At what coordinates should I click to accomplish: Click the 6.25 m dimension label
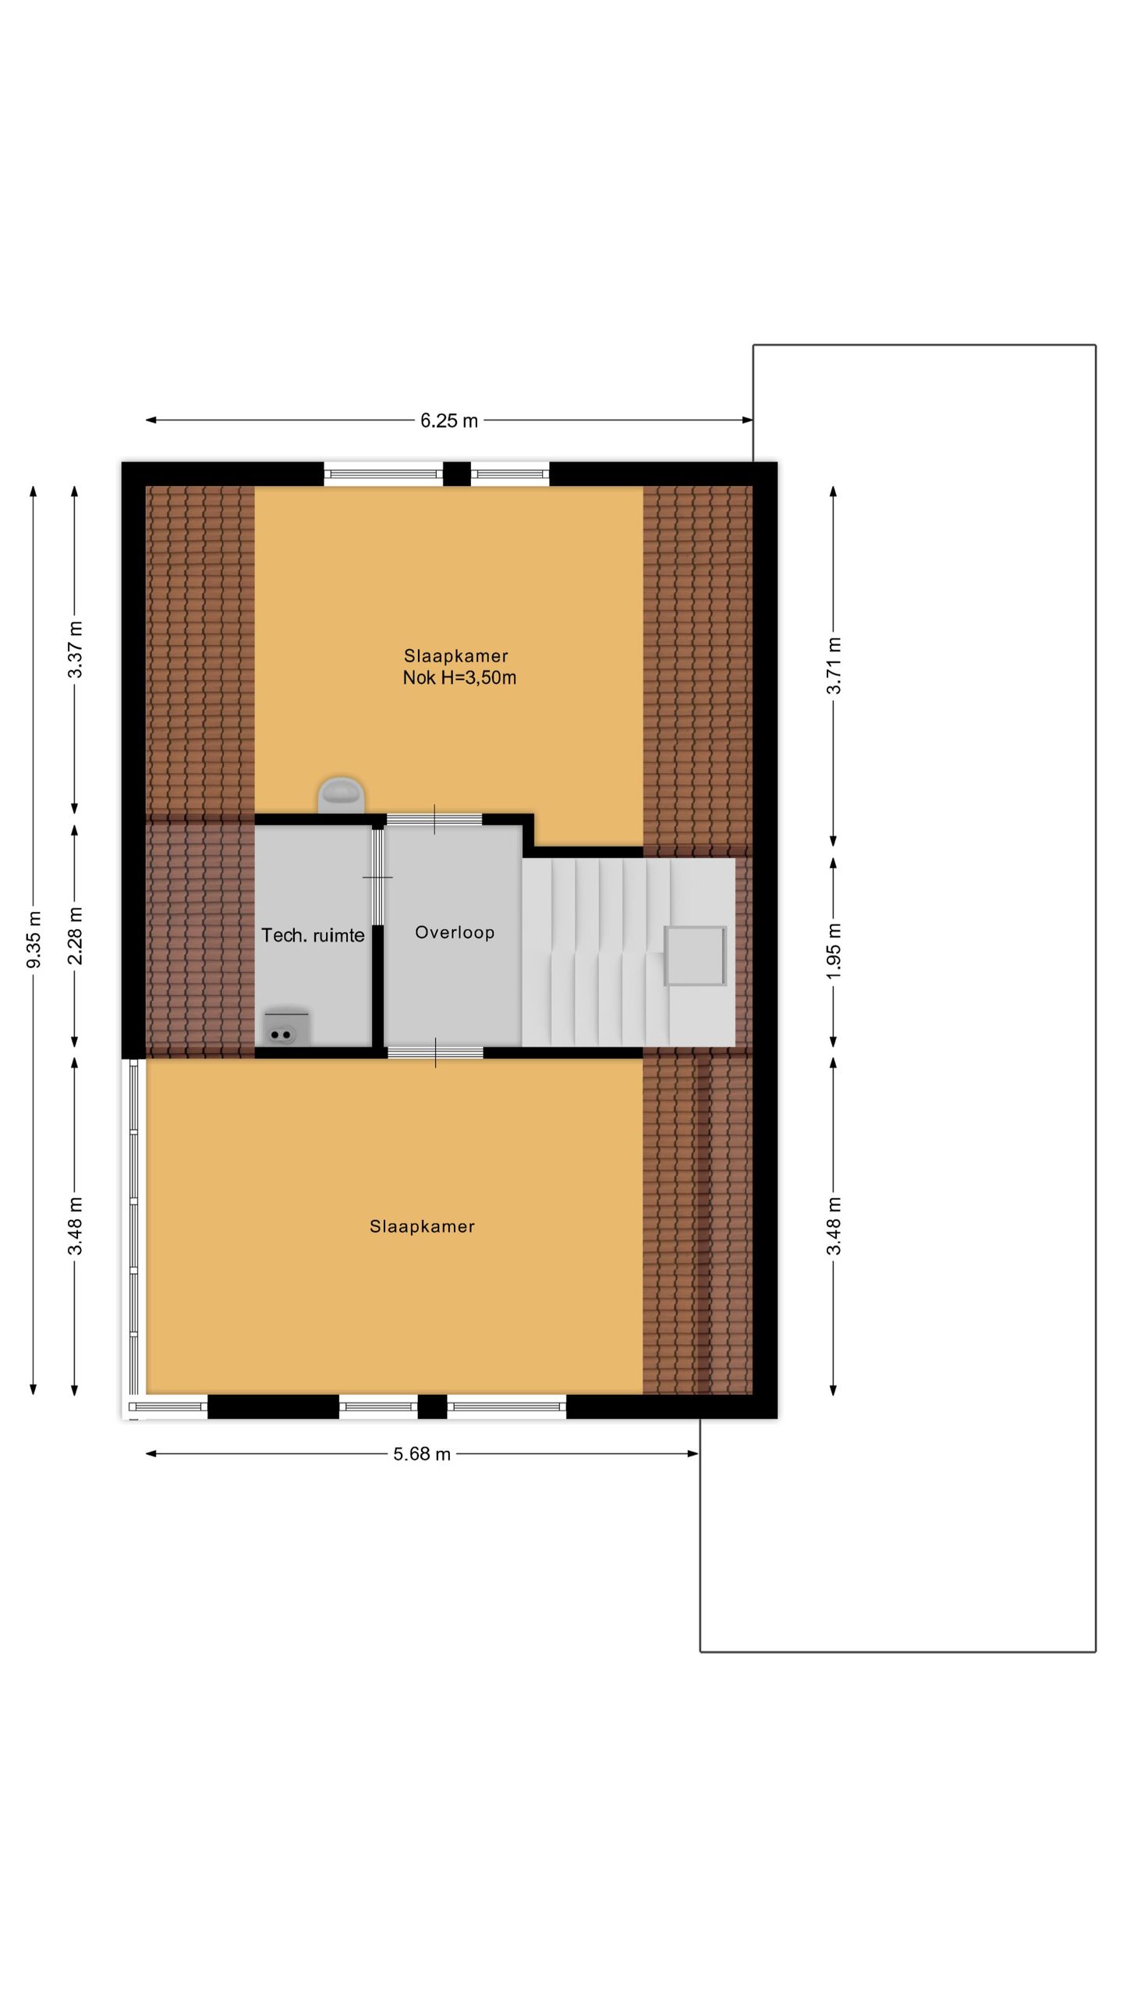[x=448, y=420]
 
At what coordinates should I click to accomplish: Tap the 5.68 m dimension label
[x=422, y=1454]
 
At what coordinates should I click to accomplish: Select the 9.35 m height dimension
[x=34, y=939]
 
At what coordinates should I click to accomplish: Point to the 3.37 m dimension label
[x=76, y=650]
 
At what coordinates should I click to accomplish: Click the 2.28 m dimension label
[x=76, y=935]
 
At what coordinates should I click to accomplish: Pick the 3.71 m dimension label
[x=834, y=665]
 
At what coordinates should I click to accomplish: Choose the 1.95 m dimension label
[x=834, y=952]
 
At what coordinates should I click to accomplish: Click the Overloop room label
[x=455, y=932]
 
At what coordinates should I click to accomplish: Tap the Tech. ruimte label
[x=313, y=935]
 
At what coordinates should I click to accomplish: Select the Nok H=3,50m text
[x=459, y=678]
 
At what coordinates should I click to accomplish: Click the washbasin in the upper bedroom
[x=342, y=794]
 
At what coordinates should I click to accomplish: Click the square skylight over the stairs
[x=695, y=956]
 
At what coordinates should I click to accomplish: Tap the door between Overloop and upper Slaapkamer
[x=434, y=819]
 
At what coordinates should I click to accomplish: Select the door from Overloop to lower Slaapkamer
[x=435, y=1052]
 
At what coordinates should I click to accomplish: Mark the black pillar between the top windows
[x=457, y=474]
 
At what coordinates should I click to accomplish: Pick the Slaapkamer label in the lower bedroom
[x=422, y=1226]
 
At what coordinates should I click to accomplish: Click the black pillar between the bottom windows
[x=432, y=1406]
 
